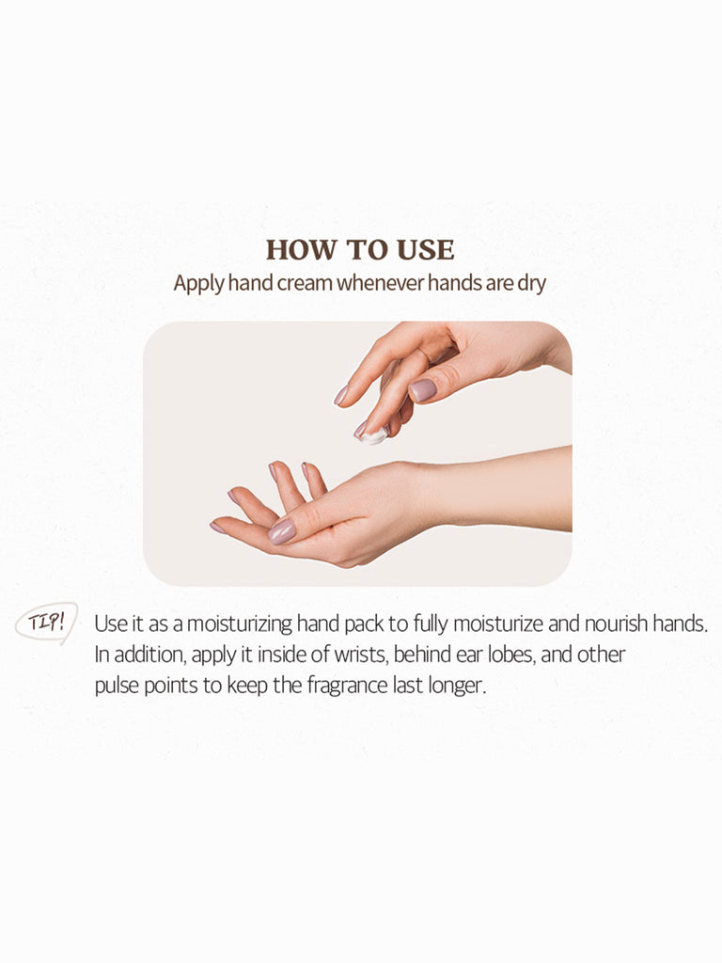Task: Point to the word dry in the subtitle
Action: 532,284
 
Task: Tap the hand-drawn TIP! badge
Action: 47,623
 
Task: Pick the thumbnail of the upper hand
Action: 422,390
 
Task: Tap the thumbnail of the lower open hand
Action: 282,532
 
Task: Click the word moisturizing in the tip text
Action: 240,624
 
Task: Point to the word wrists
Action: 361,655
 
